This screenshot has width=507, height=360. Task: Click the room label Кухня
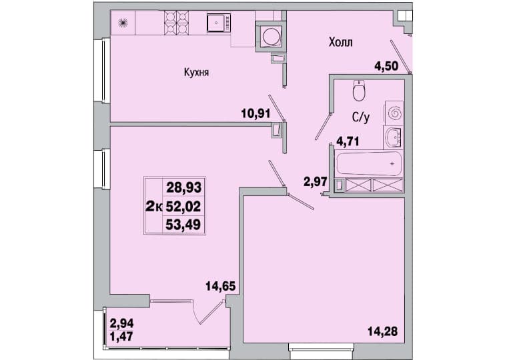pyautogui.click(x=196, y=73)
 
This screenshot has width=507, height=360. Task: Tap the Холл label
pyautogui.click(x=340, y=43)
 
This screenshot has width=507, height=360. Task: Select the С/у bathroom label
pyautogui.click(x=361, y=118)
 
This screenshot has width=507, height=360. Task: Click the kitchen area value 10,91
pyautogui.click(x=256, y=113)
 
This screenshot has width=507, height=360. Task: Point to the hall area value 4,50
pyautogui.click(x=386, y=66)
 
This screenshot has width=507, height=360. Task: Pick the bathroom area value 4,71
pyautogui.click(x=348, y=141)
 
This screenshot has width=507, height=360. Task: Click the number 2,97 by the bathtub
pyautogui.click(x=316, y=181)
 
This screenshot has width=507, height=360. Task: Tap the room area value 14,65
pyautogui.click(x=220, y=286)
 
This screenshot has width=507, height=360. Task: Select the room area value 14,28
pyautogui.click(x=383, y=331)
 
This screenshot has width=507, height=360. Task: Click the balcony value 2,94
pyautogui.click(x=121, y=323)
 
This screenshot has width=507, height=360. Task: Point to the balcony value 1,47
pyautogui.click(x=121, y=337)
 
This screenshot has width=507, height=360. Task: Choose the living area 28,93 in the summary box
pyautogui.click(x=183, y=187)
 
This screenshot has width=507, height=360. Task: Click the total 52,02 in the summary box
pyautogui.click(x=183, y=206)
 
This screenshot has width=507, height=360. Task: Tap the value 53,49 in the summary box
pyautogui.click(x=183, y=224)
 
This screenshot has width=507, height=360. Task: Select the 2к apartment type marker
pyautogui.click(x=154, y=206)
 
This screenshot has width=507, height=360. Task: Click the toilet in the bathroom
pyautogui.click(x=359, y=91)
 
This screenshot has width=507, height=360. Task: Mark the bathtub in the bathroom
pyautogui.click(x=369, y=163)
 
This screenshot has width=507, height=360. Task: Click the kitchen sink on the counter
pyautogui.click(x=219, y=23)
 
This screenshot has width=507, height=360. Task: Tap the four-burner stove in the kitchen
pyautogui.click(x=177, y=22)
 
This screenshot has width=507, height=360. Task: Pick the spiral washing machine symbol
pyautogui.click(x=394, y=113)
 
